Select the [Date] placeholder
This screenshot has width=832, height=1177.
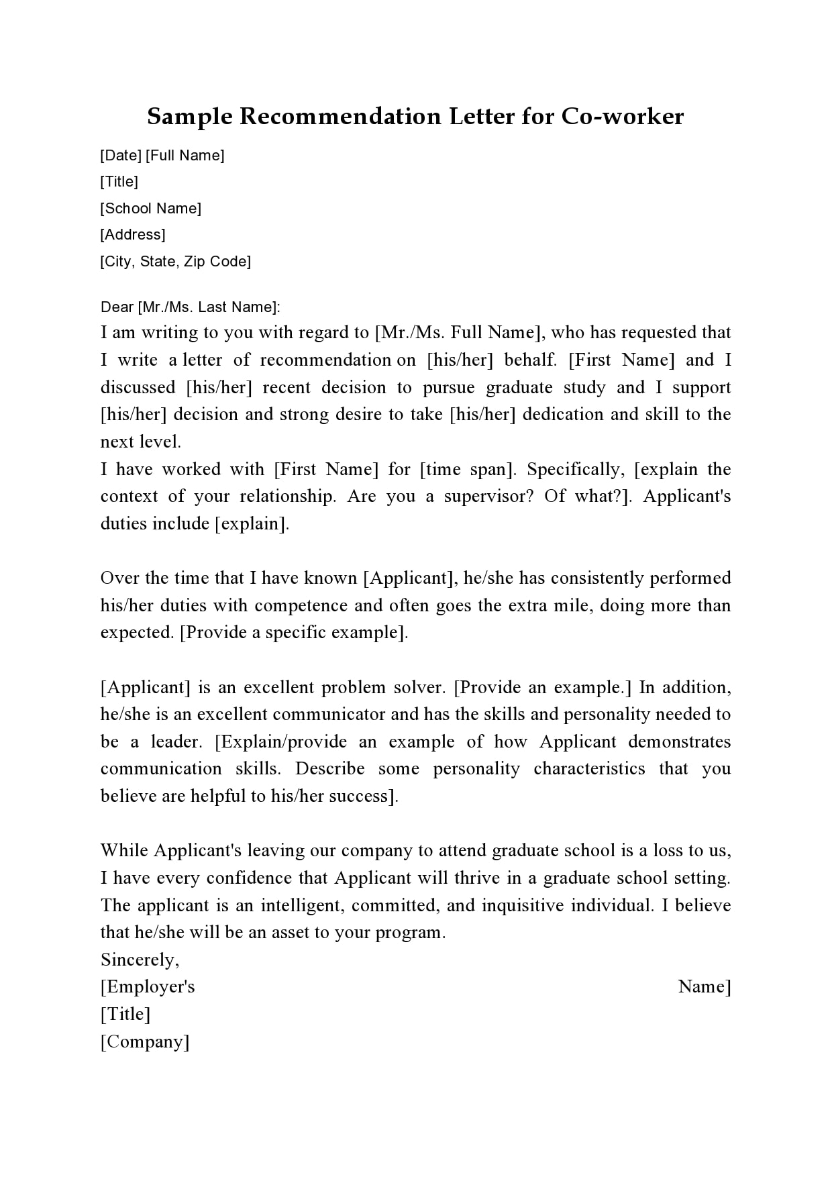[x=121, y=156]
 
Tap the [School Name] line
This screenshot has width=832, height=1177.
[x=151, y=209]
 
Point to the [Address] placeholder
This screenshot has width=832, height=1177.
[x=133, y=235]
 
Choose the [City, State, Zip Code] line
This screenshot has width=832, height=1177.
[x=176, y=262]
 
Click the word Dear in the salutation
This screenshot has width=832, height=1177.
[x=117, y=307]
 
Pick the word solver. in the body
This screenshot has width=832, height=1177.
[x=417, y=688]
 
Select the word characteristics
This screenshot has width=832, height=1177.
[x=589, y=769]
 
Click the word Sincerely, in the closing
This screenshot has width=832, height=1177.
[x=140, y=960]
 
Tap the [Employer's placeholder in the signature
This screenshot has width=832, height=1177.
[x=148, y=987]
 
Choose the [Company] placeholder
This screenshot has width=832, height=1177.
[x=145, y=1042]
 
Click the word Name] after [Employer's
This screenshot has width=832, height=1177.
[x=705, y=987]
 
